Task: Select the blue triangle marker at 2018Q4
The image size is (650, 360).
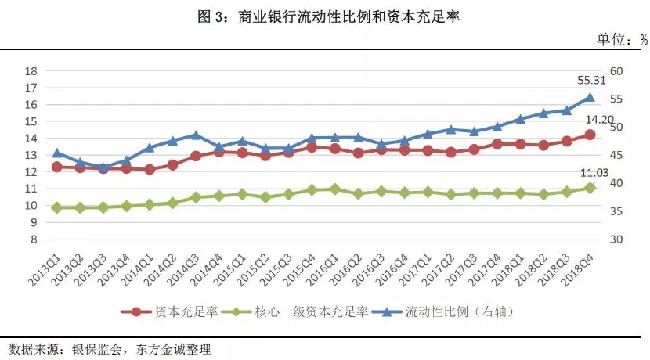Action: coord(590,98)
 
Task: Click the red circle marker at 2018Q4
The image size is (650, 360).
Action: coord(590,135)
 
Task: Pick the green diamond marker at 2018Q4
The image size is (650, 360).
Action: coord(590,188)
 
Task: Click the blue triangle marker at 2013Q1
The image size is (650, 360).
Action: coord(56,153)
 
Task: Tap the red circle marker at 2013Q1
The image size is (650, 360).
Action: coord(56,167)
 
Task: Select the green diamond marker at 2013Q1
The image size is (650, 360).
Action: coord(56,207)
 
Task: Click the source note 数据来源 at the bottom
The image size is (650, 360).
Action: coord(110,347)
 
